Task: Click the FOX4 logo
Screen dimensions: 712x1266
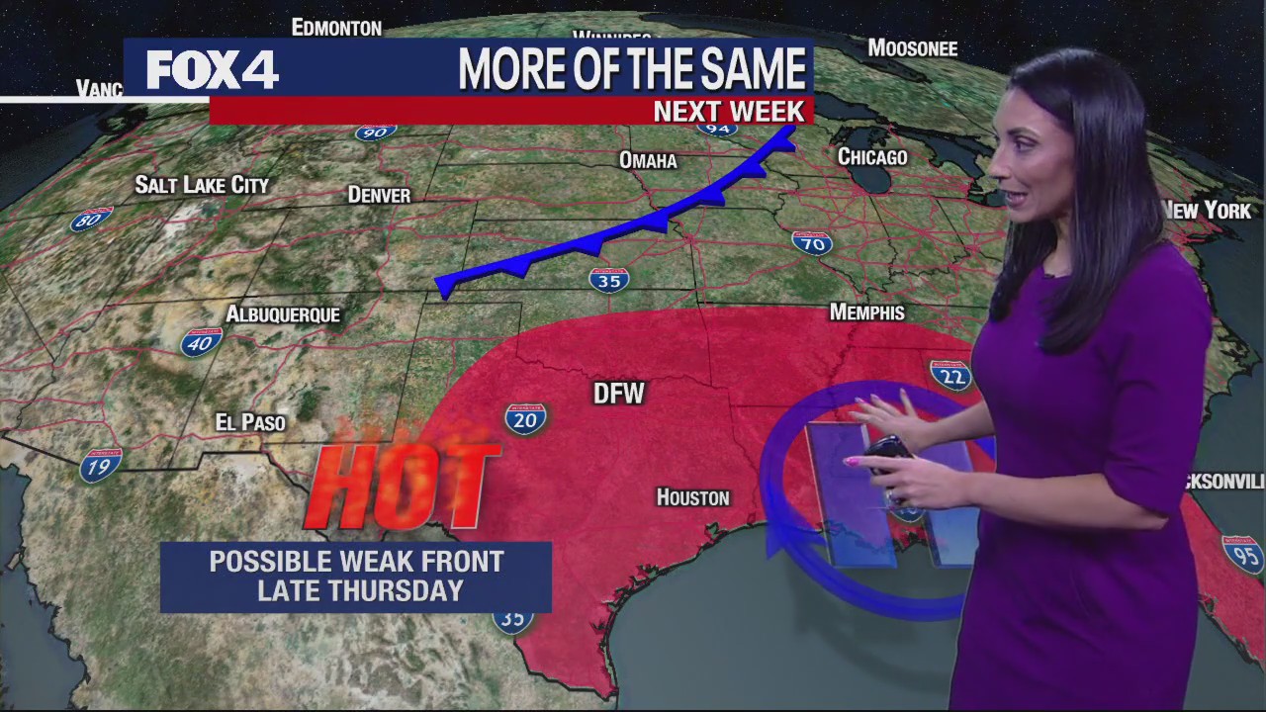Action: click(x=213, y=70)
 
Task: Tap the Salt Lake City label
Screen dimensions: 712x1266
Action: click(x=202, y=185)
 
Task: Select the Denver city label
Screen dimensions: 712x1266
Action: click(x=379, y=195)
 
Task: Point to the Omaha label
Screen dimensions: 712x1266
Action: click(x=648, y=160)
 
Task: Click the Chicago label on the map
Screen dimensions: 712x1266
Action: click(x=872, y=156)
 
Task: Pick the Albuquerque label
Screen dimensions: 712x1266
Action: click(x=283, y=314)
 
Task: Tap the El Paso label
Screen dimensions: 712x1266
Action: click(x=250, y=422)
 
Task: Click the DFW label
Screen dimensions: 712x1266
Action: click(x=618, y=394)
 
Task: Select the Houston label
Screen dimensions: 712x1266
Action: click(x=693, y=497)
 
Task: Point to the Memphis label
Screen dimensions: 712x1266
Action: click(x=866, y=312)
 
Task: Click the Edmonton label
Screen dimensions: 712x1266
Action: click(x=336, y=28)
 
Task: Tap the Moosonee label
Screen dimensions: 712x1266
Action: click(x=912, y=47)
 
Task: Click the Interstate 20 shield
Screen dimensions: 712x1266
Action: click(x=525, y=419)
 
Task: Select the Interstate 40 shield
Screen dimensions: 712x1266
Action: click(x=201, y=342)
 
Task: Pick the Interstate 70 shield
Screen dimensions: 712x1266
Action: click(x=812, y=241)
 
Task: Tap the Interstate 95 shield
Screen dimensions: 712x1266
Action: click(x=1243, y=554)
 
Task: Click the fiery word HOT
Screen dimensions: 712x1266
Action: click(x=401, y=484)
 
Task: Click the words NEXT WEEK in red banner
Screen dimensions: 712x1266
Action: click(x=729, y=111)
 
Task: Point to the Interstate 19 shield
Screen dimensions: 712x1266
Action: click(x=101, y=464)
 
